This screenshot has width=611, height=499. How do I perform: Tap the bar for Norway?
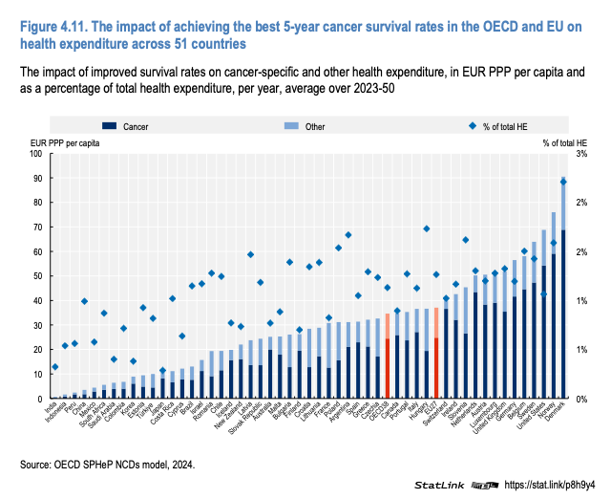[x=554, y=315]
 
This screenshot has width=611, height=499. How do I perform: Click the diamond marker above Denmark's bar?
[x=563, y=182]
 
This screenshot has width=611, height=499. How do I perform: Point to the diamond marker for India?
[x=55, y=367]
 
